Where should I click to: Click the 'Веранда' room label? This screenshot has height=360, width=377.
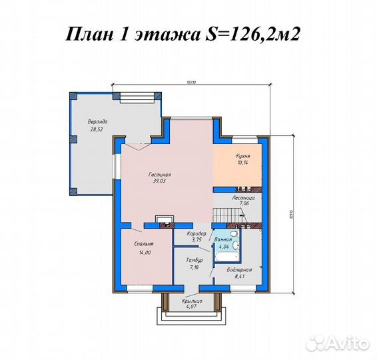coord(97,122)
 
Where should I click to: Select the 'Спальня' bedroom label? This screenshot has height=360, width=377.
coord(144,244)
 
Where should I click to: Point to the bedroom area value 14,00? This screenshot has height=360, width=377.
coord(144,252)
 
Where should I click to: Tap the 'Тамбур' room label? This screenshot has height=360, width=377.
coord(194,260)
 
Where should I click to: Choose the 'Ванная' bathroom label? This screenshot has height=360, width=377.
coord(224,239)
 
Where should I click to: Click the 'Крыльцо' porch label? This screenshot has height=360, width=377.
coord(192,301)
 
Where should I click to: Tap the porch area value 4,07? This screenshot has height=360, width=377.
coord(192,307)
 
